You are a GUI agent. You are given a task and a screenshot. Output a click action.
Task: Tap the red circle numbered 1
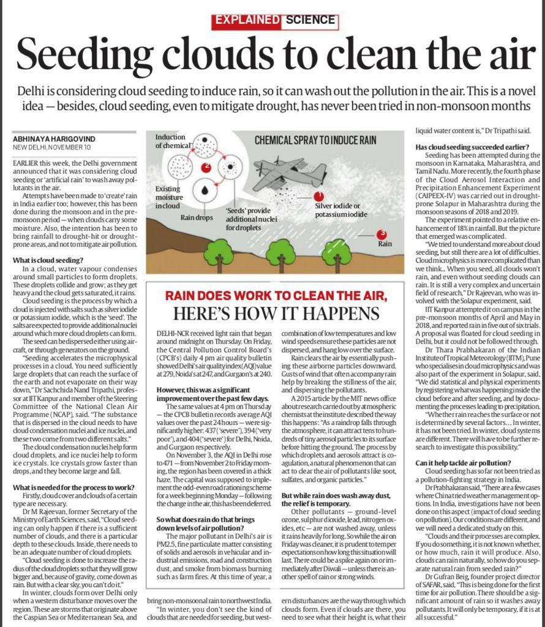(x=318, y=196)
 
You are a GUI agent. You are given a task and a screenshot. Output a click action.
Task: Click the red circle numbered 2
(x=206, y=167)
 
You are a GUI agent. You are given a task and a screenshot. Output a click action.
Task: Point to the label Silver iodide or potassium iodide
(x=342, y=210)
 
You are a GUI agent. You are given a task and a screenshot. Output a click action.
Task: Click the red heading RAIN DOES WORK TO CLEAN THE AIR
(x=276, y=296)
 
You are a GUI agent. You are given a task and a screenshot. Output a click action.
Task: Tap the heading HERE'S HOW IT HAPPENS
(x=276, y=313)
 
